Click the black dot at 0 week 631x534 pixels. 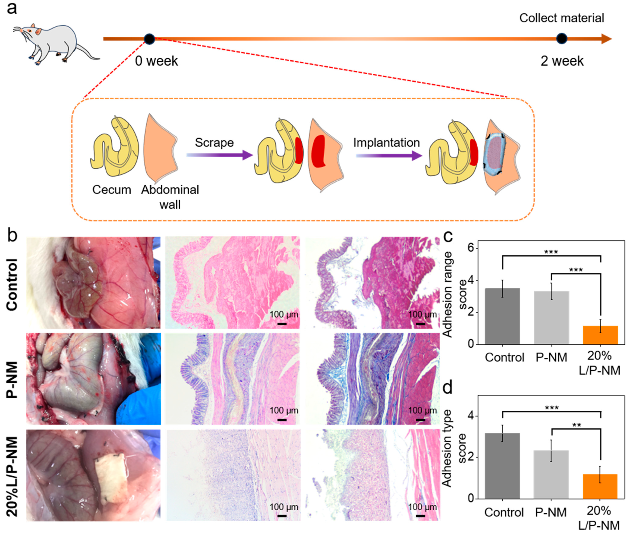[149, 39]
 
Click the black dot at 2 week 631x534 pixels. [562, 39]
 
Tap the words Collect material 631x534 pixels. [562, 18]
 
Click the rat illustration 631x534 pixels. [55, 42]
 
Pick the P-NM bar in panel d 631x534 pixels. [551, 474]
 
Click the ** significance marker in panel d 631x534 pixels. [576, 425]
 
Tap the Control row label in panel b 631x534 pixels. [12, 285]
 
